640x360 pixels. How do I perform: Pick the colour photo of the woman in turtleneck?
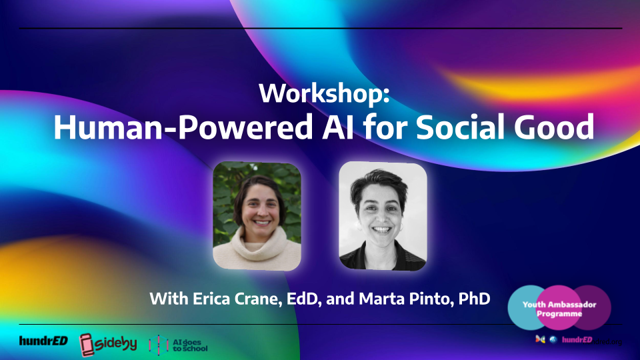point(257,215)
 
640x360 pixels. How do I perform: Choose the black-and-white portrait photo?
point(383,215)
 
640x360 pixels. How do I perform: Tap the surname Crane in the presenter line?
point(255,298)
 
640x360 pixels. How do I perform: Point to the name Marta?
point(378,298)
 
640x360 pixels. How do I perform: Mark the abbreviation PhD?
point(474,298)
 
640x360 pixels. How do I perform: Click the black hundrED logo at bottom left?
point(43,341)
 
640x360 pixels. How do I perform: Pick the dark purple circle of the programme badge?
point(597,307)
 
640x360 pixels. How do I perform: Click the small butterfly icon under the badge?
point(541,340)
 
